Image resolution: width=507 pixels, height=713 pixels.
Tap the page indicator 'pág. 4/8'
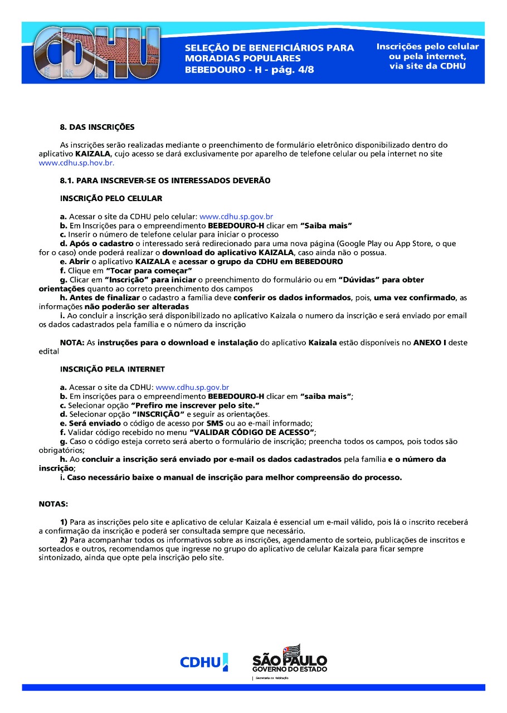290,70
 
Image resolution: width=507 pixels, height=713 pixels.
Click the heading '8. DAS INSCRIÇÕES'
97,127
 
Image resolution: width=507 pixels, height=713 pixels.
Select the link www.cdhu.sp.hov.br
76,163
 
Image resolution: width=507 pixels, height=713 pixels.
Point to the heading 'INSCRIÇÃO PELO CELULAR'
111,198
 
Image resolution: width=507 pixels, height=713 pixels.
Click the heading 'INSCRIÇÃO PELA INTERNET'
112,369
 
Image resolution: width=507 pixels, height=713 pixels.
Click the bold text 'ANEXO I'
430,343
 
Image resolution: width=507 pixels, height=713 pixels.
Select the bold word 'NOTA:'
72,343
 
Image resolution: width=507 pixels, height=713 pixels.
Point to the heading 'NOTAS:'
53,504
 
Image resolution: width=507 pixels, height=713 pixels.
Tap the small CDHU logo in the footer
203,662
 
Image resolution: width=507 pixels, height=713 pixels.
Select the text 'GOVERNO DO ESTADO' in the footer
290,669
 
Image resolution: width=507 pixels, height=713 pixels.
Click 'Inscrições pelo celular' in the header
427,47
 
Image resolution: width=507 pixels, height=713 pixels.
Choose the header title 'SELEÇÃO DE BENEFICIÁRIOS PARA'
269,48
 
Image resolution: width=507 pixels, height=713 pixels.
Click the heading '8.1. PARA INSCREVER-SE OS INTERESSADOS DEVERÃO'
165,180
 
